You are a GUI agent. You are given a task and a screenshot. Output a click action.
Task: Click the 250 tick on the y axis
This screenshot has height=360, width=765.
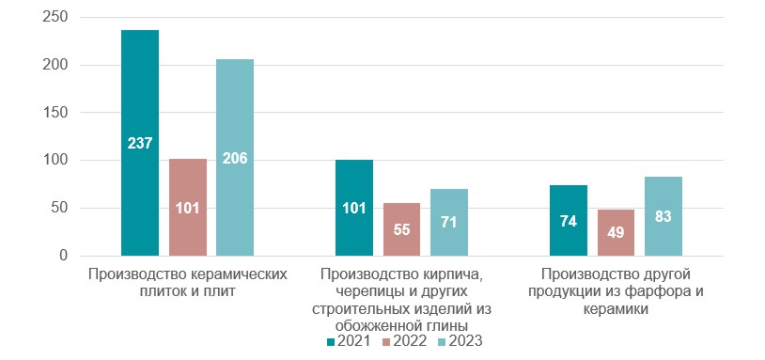(56, 18)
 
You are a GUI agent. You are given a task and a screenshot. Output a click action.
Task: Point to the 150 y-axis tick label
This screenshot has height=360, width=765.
(56, 113)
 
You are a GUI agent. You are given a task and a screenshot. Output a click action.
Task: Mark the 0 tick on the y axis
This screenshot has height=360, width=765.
(64, 256)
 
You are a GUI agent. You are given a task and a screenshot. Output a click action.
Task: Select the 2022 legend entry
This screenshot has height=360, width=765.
(404, 342)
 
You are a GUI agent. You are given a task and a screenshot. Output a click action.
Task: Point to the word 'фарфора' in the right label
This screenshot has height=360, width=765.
(654, 290)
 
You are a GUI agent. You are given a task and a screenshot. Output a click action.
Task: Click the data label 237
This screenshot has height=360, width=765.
(140, 143)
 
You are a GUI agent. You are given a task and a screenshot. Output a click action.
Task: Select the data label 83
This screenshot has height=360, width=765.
(664, 216)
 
